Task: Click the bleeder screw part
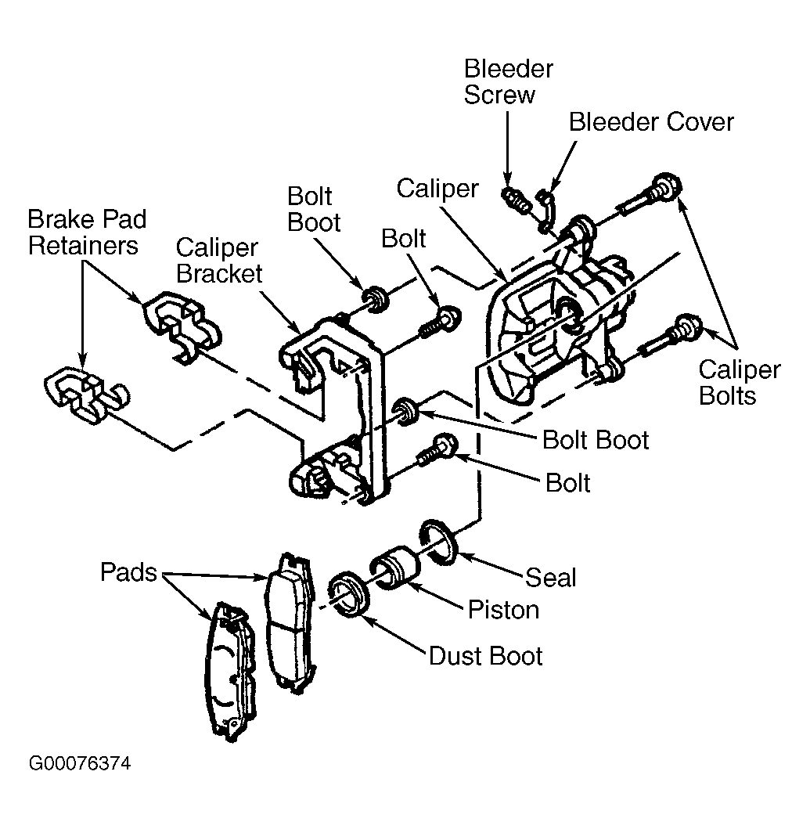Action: click(x=516, y=200)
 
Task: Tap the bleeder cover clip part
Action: click(x=545, y=210)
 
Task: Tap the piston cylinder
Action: click(x=395, y=568)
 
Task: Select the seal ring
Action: click(x=439, y=542)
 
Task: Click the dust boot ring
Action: click(x=348, y=593)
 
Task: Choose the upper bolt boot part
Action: click(x=376, y=299)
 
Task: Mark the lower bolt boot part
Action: click(x=407, y=411)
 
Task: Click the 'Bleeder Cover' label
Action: click(x=651, y=122)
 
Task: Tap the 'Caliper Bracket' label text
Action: click(x=218, y=261)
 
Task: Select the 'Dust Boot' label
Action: click(x=485, y=656)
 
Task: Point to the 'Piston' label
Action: click(x=503, y=610)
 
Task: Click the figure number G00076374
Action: click(x=79, y=763)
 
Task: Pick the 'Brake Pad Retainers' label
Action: click(x=87, y=232)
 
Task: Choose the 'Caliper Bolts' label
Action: click(x=739, y=383)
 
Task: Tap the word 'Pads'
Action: click(x=128, y=572)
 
